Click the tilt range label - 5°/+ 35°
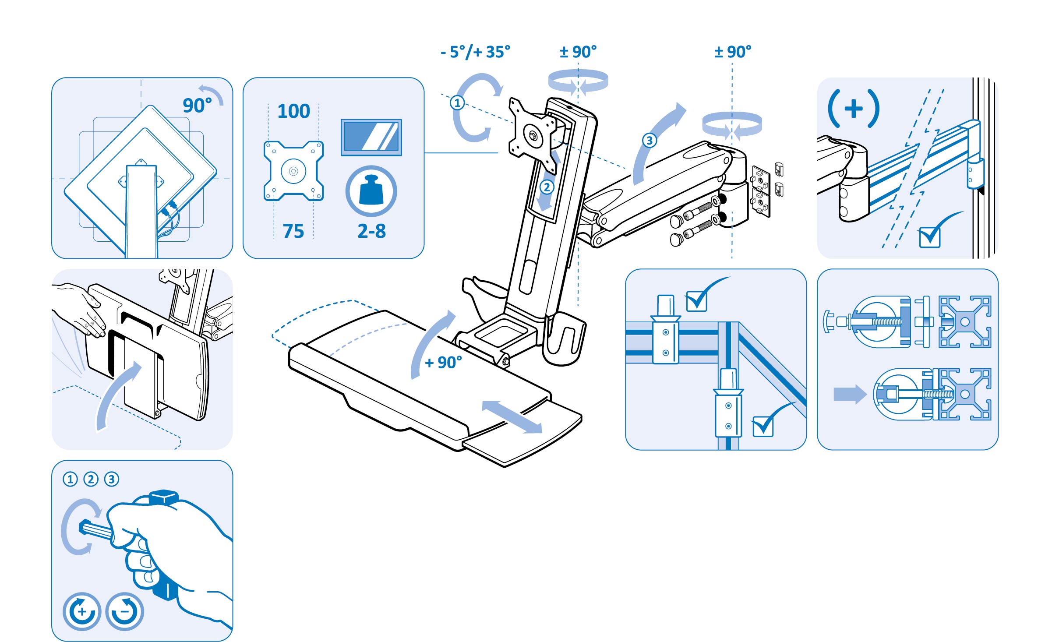[x=475, y=52]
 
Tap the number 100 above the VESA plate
[x=293, y=111]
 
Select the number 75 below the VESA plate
[x=293, y=231]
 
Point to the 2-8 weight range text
[x=371, y=231]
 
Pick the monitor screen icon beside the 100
[x=371, y=137]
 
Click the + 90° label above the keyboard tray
[x=443, y=363]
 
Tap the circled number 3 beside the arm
[x=649, y=141]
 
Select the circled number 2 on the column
[x=546, y=187]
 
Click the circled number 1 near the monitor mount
[x=457, y=103]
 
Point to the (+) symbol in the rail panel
[x=854, y=109]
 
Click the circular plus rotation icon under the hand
[x=82, y=611]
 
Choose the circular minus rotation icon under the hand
[x=125, y=611]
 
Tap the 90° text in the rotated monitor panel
[x=197, y=106]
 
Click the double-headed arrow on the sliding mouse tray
[x=512, y=416]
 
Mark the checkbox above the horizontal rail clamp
[x=696, y=301]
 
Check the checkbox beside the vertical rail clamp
[x=763, y=427]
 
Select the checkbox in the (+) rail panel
[x=929, y=237]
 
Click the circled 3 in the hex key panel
[x=112, y=479]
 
